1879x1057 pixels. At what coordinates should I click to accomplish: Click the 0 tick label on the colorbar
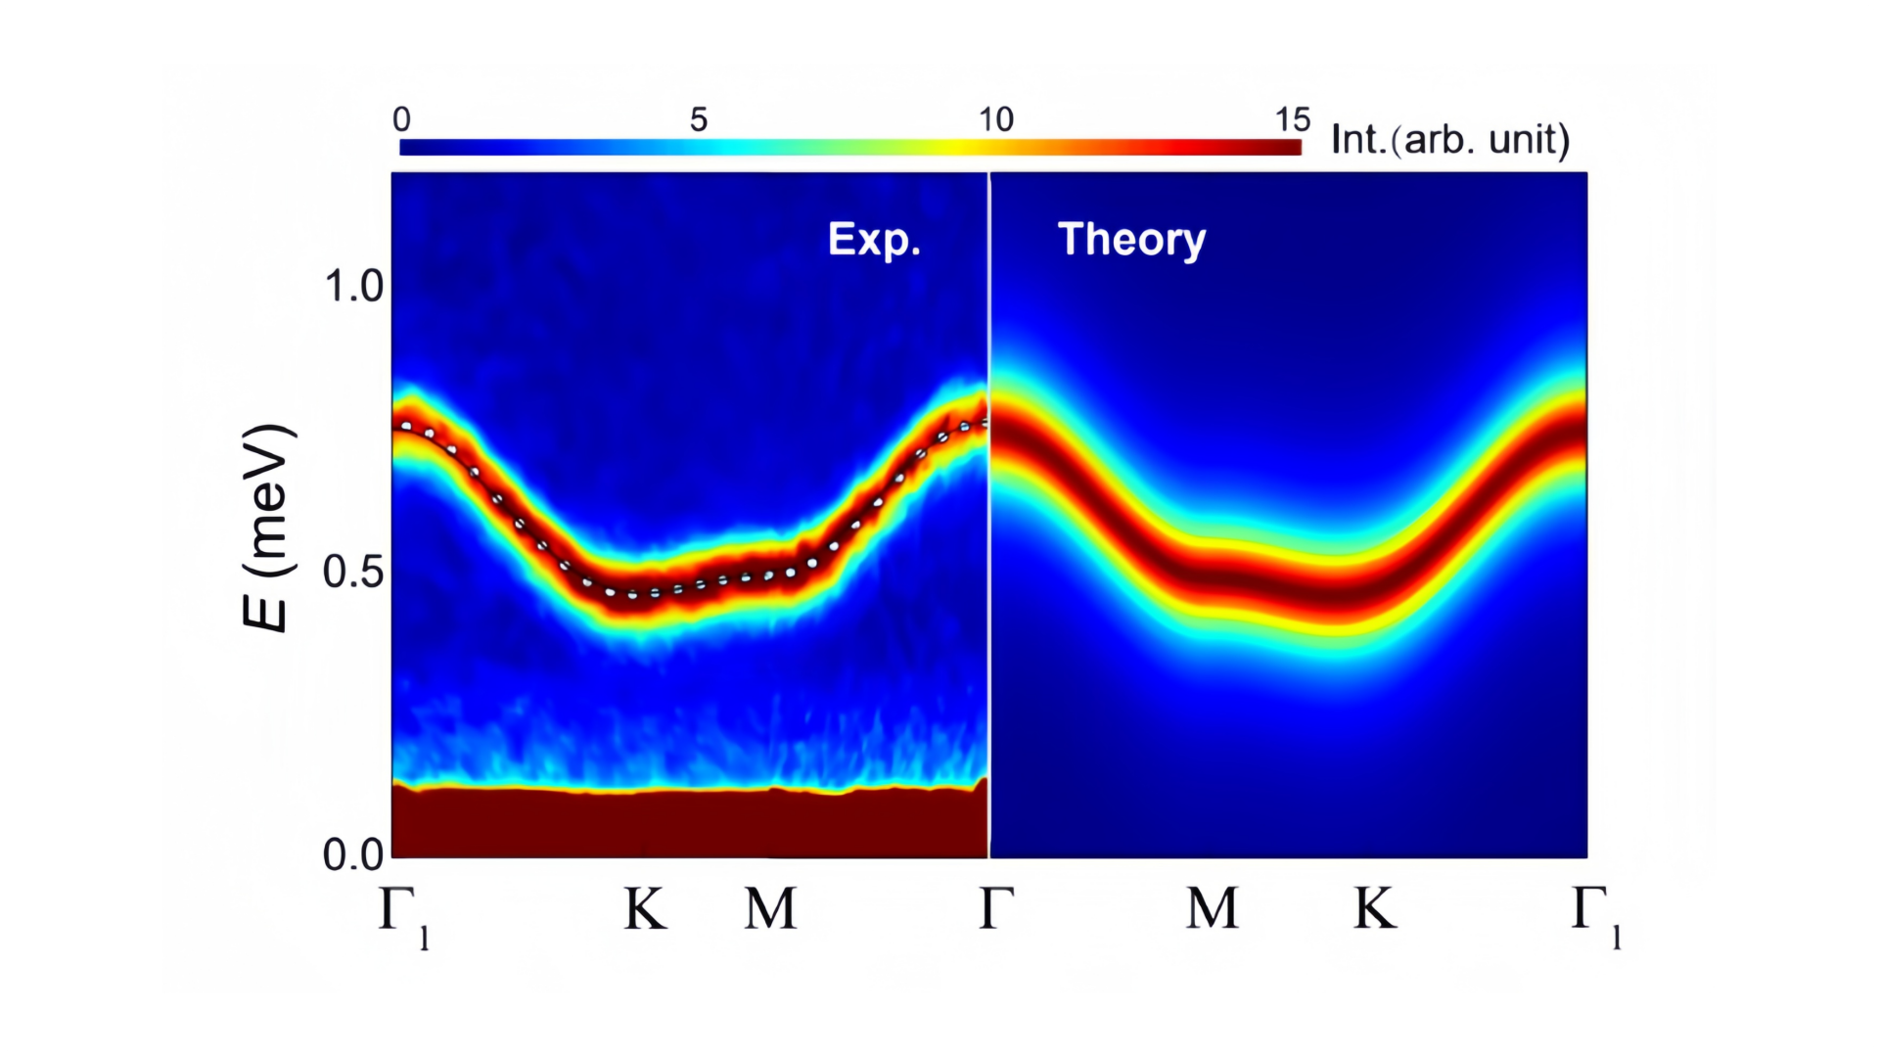[x=402, y=119]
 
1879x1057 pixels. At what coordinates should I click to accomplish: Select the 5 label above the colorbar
[x=698, y=119]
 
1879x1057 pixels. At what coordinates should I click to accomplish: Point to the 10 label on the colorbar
[x=996, y=119]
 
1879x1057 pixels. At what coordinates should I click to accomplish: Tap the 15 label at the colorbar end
[x=1292, y=119]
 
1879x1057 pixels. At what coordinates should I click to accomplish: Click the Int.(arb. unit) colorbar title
[x=1450, y=140]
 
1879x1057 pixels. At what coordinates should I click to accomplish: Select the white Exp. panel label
[x=874, y=239]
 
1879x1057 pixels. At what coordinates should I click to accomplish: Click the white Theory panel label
[x=1131, y=240]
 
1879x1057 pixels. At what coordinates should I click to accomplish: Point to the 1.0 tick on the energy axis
[x=353, y=287]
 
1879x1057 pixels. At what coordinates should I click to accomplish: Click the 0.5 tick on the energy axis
[x=353, y=573]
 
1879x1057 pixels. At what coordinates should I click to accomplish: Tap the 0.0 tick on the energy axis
[x=353, y=855]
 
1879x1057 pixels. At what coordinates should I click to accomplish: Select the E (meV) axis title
[x=267, y=528]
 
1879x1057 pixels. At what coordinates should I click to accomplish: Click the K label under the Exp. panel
[x=646, y=909]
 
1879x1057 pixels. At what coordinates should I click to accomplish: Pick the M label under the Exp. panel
[x=770, y=909]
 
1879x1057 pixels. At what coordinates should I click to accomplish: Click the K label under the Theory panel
[x=1374, y=909]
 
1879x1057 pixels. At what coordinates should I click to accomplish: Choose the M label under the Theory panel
[x=1213, y=909]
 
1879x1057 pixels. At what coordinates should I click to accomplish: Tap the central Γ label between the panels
[x=996, y=909]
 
